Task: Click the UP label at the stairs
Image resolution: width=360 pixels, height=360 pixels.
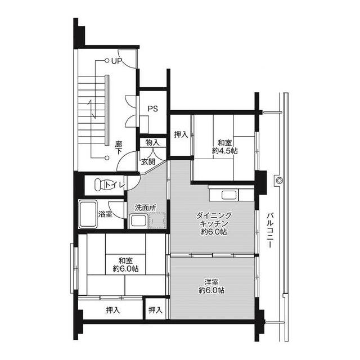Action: [116, 61]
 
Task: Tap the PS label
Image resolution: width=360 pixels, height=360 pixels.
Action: [152, 109]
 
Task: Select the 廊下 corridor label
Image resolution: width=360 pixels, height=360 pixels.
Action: [119, 147]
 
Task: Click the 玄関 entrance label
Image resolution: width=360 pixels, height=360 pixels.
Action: [148, 161]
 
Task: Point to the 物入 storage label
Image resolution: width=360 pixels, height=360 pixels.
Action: [152, 142]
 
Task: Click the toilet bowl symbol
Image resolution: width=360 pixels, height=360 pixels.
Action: [101, 184]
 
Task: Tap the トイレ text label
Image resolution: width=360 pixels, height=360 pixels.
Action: [115, 184]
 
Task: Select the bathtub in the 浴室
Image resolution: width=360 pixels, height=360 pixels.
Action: [88, 214]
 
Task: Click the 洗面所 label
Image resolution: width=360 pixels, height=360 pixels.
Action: [146, 208]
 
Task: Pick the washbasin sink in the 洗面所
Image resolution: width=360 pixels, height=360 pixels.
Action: [138, 221]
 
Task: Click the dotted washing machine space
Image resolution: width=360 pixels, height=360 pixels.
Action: [157, 220]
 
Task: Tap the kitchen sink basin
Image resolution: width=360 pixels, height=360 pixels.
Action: [229, 195]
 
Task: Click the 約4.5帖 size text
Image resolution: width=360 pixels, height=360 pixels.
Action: [225, 151]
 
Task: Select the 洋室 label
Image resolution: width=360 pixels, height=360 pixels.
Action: [211, 282]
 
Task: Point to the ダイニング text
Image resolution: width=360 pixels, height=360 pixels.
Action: [214, 215]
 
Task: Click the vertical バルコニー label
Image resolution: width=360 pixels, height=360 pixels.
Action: [270, 230]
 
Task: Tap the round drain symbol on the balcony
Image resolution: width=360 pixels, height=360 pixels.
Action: [279, 181]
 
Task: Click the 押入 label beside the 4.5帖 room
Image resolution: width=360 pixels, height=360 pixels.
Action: [181, 134]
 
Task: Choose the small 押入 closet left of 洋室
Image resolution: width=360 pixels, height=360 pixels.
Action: [155, 310]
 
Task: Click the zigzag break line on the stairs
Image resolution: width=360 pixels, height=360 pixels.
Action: [92, 109]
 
